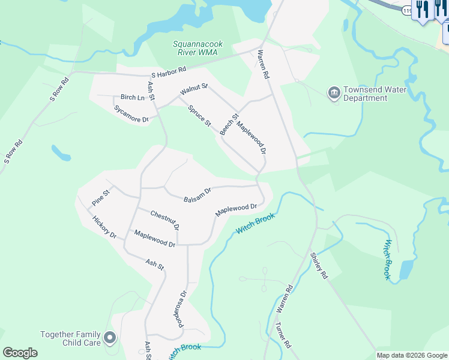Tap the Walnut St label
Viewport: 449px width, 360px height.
193,91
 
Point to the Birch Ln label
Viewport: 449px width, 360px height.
133,97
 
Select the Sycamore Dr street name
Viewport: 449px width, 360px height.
131,114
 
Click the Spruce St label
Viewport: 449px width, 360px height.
200,116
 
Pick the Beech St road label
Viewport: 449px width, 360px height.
229,124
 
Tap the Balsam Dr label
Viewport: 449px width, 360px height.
197,195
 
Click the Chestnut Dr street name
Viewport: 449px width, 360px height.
165,220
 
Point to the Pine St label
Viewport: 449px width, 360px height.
101,197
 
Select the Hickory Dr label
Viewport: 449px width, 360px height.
104,227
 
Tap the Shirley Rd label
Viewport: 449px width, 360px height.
319,266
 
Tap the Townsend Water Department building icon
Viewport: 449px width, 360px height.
334,94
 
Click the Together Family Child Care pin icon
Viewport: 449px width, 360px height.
110,338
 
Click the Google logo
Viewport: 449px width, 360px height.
20,353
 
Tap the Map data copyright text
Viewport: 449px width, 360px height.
412,355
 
